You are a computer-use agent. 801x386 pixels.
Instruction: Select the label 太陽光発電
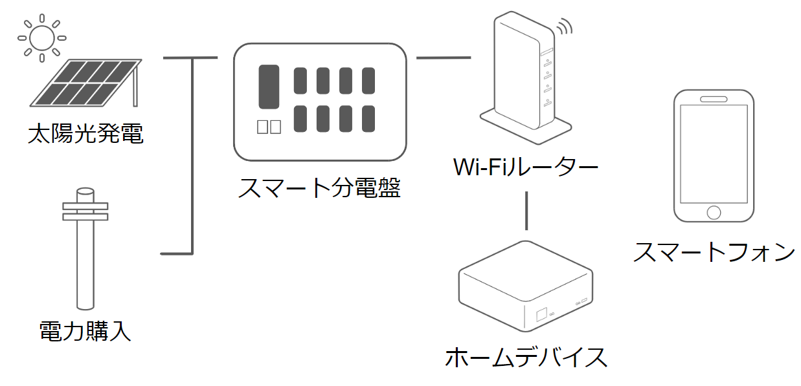[85, 134]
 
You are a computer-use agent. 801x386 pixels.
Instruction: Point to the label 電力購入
[85, 332]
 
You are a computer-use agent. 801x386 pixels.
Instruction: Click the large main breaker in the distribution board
[269, 86]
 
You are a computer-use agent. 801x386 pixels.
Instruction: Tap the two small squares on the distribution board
[269, 127]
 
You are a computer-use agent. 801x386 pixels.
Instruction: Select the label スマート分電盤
[320, 188]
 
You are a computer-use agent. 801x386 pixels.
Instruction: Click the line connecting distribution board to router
[443, 58]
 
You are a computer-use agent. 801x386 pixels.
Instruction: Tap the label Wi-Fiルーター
[525, 167]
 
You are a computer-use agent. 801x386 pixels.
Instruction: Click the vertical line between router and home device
[527, 210]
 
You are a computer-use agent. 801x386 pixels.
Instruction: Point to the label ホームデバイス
[526, 357]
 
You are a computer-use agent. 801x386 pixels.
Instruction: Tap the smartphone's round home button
[714, 211]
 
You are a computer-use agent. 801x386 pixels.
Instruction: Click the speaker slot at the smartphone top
[714, 100]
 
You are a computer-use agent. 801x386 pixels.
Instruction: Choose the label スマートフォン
[714, 252]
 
